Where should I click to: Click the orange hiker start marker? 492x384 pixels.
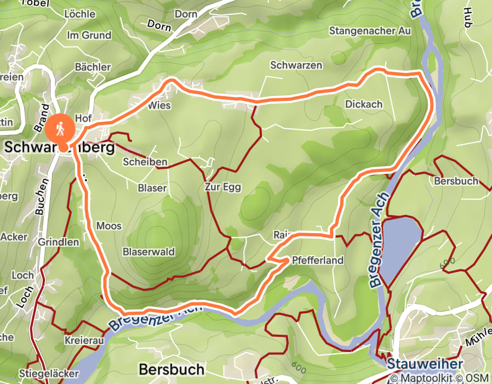tap(60, 128)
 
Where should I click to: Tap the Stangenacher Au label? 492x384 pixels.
tap(370, 31)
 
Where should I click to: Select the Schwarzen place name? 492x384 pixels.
tap(296, 65)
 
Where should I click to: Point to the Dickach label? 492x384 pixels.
tap(364, 104)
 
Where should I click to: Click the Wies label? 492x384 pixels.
tap(159, 105)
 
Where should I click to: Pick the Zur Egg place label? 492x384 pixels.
tap(223, 187)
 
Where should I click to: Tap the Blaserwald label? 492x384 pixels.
tap(148, 252)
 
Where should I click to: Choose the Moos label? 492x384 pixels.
tap(108, 226)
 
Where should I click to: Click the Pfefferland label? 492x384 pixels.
tap(318, 260)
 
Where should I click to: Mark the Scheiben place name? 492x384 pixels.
tap(145, 162)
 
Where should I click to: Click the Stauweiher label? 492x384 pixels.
tap(425, 364)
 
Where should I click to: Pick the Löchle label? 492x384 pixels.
tap(80, 14)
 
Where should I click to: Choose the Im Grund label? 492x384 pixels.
tap(89, 36)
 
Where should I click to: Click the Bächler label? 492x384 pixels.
tap(93, 67)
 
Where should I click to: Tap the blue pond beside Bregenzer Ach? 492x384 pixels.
tap(401, 247)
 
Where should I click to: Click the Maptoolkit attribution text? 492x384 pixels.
tap(427, 378)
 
